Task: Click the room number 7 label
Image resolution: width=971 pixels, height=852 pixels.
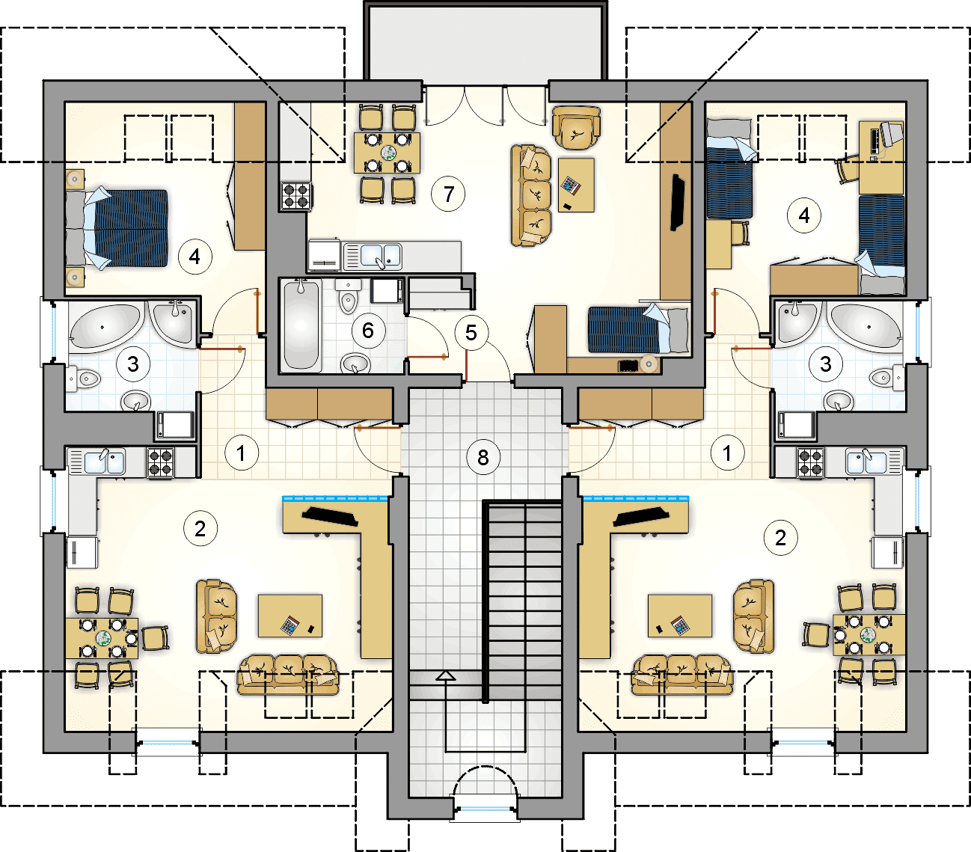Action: click(448, 194)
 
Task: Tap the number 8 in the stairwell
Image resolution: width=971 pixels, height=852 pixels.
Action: click(483, 458)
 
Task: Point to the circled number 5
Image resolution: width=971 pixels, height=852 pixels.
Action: click(471, 333)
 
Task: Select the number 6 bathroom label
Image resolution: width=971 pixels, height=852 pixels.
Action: click(368, 330)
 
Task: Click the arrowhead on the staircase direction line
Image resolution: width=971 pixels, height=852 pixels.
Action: click(446, 675)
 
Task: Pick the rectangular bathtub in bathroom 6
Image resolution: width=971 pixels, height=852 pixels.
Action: click(301, 326)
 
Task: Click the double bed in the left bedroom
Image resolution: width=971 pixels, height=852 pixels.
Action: click(117, 228)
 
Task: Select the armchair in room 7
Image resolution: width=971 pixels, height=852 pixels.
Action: click(577, 127)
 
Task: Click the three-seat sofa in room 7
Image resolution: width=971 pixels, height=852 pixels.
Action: click(531, 195)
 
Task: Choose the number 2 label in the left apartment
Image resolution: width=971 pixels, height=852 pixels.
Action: click(200, 529)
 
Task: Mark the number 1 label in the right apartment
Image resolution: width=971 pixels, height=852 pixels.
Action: click(728, 453)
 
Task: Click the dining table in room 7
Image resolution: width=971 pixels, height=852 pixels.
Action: click(388, 153)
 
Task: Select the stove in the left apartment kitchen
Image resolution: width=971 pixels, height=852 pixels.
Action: click(161, 462)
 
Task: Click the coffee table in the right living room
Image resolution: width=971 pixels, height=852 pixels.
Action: click(679, 616)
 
